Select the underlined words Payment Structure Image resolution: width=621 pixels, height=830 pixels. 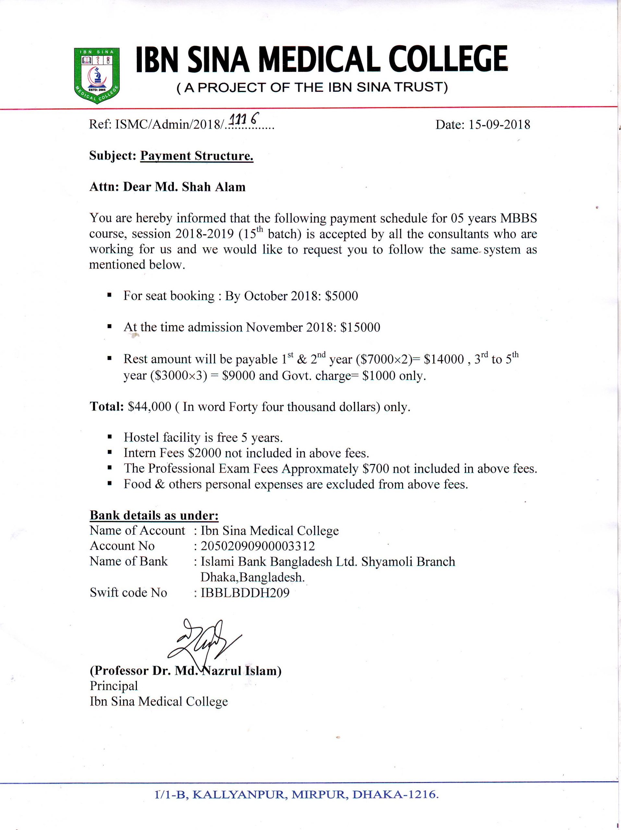coord(197,156)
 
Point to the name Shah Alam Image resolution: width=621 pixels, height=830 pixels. coord(213,187)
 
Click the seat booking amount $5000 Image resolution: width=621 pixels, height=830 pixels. coord(342,296)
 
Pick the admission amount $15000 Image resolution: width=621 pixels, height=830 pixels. coord(360,327)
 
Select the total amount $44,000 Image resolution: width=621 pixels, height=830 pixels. coord(150,407)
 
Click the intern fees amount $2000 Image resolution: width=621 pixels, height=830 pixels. coord(205,453)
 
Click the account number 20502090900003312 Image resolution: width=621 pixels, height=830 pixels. coord(258,546)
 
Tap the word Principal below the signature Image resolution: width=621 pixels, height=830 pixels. coord(114,686)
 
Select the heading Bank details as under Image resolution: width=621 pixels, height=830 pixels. coord(154,515)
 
